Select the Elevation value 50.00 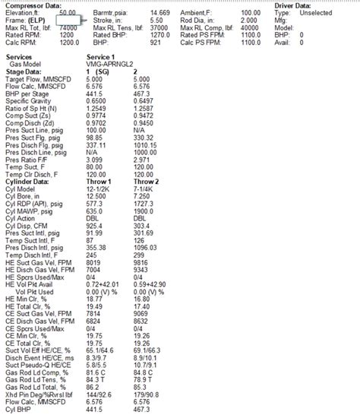click(68, 13)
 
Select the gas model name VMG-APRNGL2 click(110, 64)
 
